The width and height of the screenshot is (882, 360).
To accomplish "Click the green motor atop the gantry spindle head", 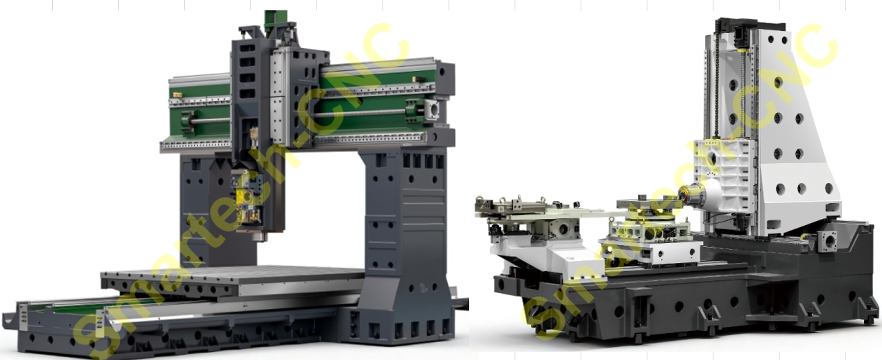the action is pos(276,21).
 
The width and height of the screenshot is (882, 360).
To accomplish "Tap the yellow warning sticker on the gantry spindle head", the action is pos(240,195).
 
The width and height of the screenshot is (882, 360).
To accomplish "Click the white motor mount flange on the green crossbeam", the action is pos(432,109).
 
